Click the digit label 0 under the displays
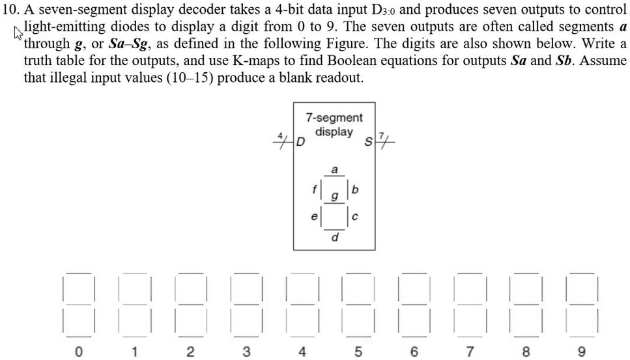(x=78, y=352)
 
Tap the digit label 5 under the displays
(x=358, y=352)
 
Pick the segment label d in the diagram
(x=335, y=237)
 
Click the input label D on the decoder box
(x=300, y=142)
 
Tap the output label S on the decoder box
(x=368, y=142)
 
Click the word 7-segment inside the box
(x=334, y=118)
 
